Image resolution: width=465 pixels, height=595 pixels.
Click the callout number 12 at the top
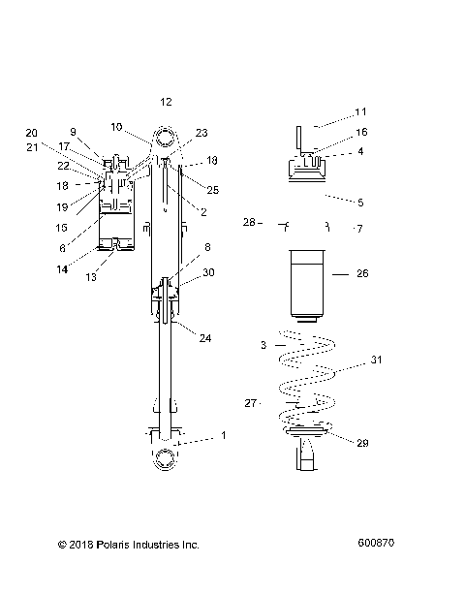(166, 102)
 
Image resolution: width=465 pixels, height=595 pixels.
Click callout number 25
(212, 190)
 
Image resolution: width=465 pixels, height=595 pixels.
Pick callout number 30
(208, 273)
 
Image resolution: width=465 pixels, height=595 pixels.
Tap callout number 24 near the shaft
(205, 338)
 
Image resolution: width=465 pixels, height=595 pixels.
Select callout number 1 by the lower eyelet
(223, 435)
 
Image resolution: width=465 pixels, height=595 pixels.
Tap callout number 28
(248, 223)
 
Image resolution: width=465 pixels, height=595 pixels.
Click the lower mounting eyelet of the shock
(164, 458)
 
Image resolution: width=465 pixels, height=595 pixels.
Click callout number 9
(73, 132)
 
